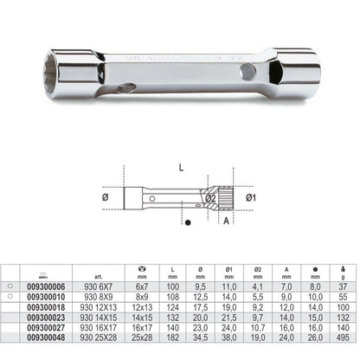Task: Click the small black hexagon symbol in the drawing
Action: pos(164,222)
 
